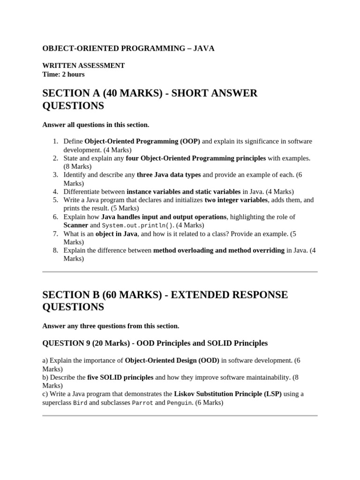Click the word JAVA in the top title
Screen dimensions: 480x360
coord(203,49)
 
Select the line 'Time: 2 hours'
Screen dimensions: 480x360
coord(63,74)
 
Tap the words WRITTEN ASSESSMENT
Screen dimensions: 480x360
coord(83,66)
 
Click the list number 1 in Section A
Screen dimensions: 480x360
coord(55,142)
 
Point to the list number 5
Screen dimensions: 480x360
coord(55,200)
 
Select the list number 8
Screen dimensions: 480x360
coord(55,250)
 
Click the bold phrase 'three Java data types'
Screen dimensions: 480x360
coord(169,175)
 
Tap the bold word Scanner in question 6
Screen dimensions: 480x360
coord(76,225)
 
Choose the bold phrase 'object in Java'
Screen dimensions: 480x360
coord(116,233)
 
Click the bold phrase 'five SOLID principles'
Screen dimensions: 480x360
coord(120,377)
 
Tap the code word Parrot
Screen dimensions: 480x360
coord(142,403)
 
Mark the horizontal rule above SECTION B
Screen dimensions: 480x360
coord(180,271)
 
